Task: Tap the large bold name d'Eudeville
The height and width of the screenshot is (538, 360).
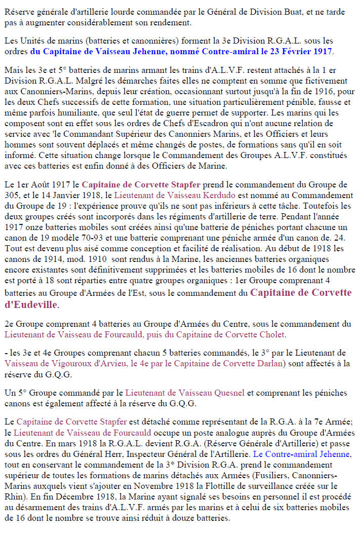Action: click(x=30, y=304)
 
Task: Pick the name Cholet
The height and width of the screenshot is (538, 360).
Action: click(x=272, y=334)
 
